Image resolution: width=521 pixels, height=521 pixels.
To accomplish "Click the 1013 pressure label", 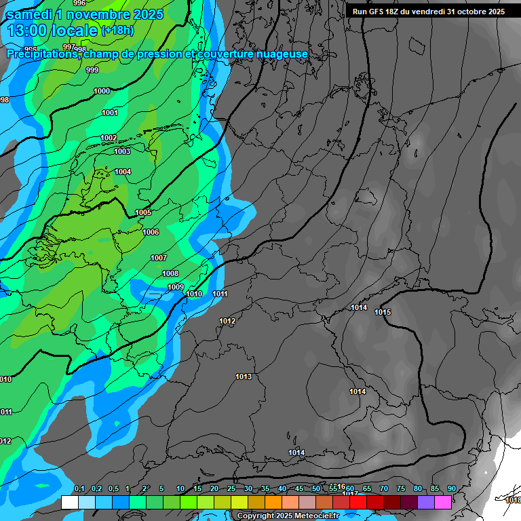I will (244, 377).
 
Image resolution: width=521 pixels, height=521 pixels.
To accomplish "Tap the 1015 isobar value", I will (383, 312).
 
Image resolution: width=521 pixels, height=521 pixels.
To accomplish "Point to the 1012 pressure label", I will (227, 321).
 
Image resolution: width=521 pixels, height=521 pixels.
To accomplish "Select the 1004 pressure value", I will (123, 172).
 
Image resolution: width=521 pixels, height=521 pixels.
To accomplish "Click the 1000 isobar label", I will (102, 91).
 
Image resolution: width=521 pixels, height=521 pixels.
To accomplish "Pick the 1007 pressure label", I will (159, 258).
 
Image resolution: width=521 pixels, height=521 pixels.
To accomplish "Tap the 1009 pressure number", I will (176, 287).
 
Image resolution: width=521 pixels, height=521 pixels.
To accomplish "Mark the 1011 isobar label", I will (220, 294).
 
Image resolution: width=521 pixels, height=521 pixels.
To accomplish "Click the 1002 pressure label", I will (109, 138).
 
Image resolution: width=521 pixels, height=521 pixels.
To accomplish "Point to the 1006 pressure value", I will (151, 232).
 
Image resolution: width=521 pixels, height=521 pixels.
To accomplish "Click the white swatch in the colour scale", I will (69, 502).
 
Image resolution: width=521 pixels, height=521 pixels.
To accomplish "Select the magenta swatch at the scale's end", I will (443, 502).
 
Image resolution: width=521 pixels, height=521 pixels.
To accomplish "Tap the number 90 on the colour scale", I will (451, 489).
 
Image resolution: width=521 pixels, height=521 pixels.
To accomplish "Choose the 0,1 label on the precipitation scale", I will (79, 489).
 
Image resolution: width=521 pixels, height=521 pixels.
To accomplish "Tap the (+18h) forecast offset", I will (117, 31).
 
